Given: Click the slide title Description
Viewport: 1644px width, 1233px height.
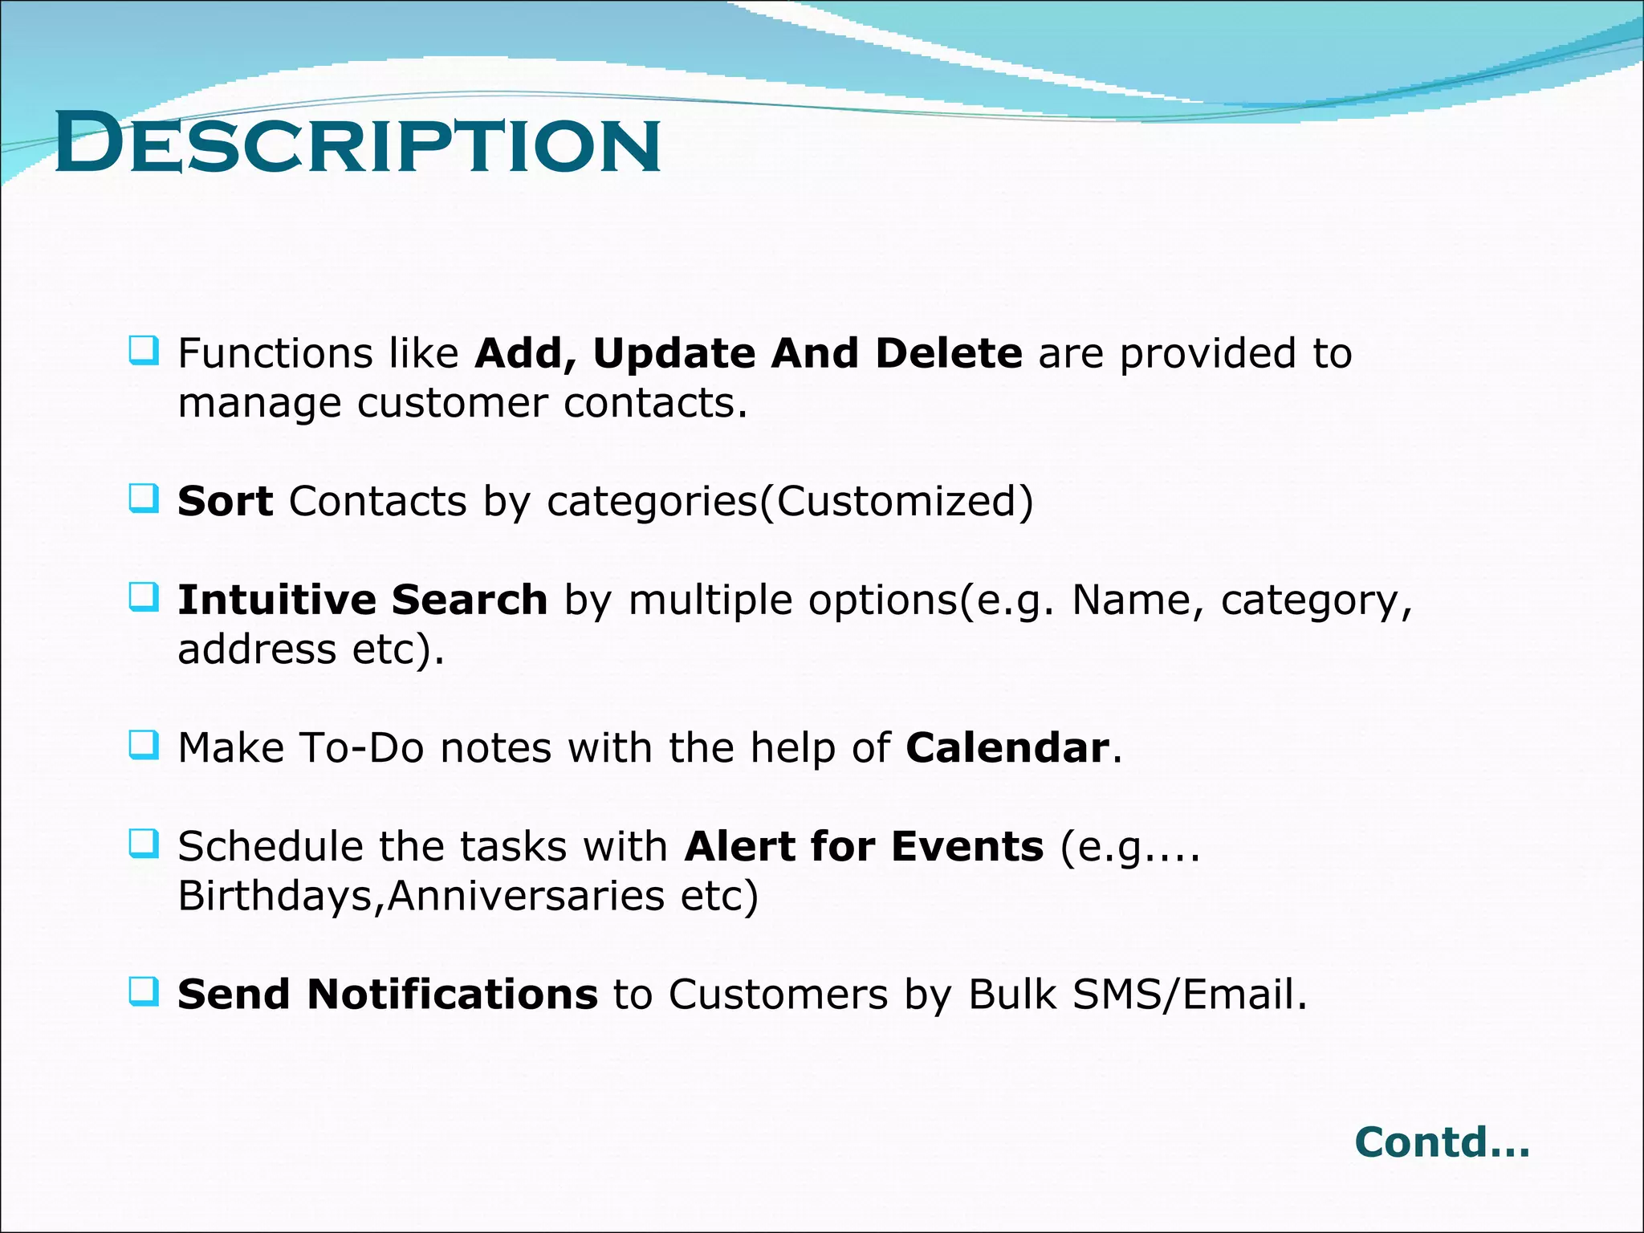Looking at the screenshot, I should (358, 144).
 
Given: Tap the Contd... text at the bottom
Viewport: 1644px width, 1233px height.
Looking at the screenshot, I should (1442, 1141).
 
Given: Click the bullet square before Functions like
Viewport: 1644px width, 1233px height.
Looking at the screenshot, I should (144, 352).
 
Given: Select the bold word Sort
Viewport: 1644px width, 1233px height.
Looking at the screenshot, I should (225, 502).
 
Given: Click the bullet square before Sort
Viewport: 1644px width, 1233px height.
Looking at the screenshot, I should (144, 499).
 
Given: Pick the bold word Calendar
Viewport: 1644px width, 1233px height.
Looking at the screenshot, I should (1007, 748).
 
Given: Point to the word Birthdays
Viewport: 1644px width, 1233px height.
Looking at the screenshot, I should (275, 897).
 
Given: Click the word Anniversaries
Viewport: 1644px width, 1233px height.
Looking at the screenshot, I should (526, 897).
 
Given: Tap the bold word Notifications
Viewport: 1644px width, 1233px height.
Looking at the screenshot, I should (452, 995).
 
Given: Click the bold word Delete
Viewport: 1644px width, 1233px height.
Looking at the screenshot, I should (949, 354).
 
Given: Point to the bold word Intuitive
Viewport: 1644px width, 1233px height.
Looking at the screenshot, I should (276, 600).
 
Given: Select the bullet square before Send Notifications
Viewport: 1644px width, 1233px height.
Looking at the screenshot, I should (144, 992).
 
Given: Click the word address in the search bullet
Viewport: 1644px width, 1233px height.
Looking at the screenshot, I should (256, 649).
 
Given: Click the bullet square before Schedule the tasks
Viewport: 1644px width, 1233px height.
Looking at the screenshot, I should (144, 844).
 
